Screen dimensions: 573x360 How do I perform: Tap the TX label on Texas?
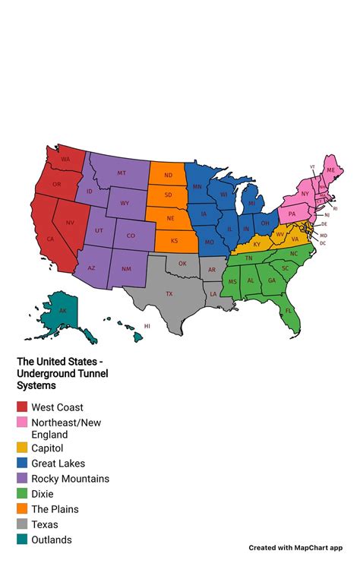click(x=169, y=293)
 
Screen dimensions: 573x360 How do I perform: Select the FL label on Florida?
click(x=288, y=311)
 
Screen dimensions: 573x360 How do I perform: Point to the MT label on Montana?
click(x=122, y=173)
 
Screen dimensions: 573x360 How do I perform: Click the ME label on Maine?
click(x=330, y=170)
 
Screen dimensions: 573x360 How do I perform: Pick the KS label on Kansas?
click(x=174, y=240)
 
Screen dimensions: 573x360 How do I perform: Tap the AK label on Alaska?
click(x=63, y=312)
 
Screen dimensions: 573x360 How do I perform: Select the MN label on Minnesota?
click(x=197, y=186)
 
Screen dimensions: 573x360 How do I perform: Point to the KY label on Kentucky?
click(x=257, y=244)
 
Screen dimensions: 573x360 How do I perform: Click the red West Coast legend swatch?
click(x=22, y=407)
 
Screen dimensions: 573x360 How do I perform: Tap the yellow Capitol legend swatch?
click(x=22, y=448)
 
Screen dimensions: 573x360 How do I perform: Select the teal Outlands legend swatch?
click(x=22, y=540)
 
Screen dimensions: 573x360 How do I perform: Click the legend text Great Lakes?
click(x=58, y=463)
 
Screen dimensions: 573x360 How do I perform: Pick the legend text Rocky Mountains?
click(x=70, y=479)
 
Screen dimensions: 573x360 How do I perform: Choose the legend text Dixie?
click(x=43, y=494)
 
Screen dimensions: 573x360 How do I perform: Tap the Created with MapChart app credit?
click(x=296, y=547)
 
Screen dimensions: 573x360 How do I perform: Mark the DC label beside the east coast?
click(x=323, y=243)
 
